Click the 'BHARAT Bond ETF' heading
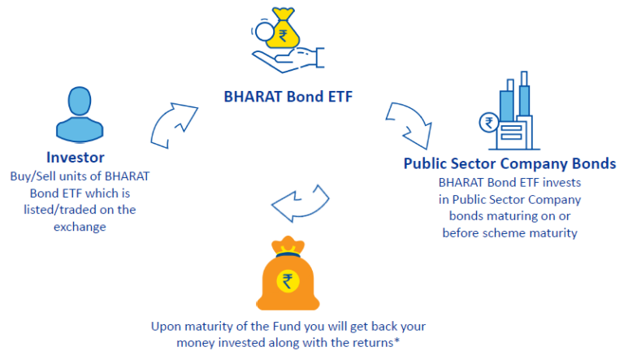[x=288, y=97]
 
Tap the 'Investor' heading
[x=76, y=158]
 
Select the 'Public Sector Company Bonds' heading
[x=509, y=163]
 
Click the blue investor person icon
[x=80, y=115]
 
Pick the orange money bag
[x=288, y=274]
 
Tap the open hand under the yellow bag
[x=288, y=60]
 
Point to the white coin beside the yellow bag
[x=263, y=32]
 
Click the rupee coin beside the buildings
[x=489, y=123]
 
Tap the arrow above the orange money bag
[x=300, y=203]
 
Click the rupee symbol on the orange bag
[x=288, y=281]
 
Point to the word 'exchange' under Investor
[x=80, y=227]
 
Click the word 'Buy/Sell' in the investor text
[x=32, y=176]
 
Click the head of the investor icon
[x=80, y=101]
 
